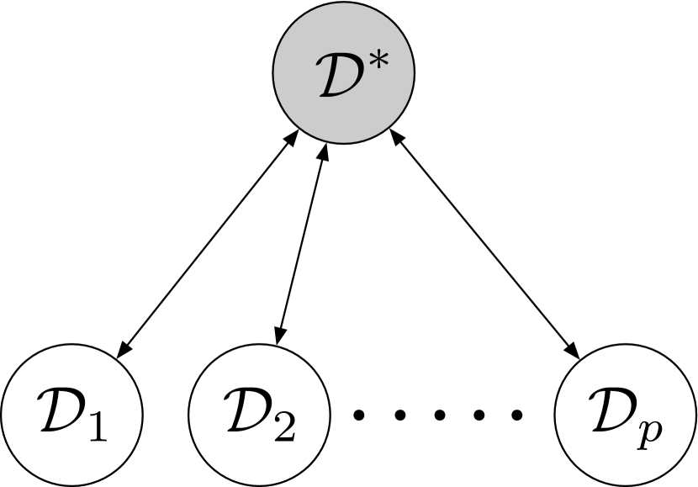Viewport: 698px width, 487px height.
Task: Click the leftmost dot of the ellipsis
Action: (359, 414)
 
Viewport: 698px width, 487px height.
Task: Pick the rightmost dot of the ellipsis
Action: (519, 414)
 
